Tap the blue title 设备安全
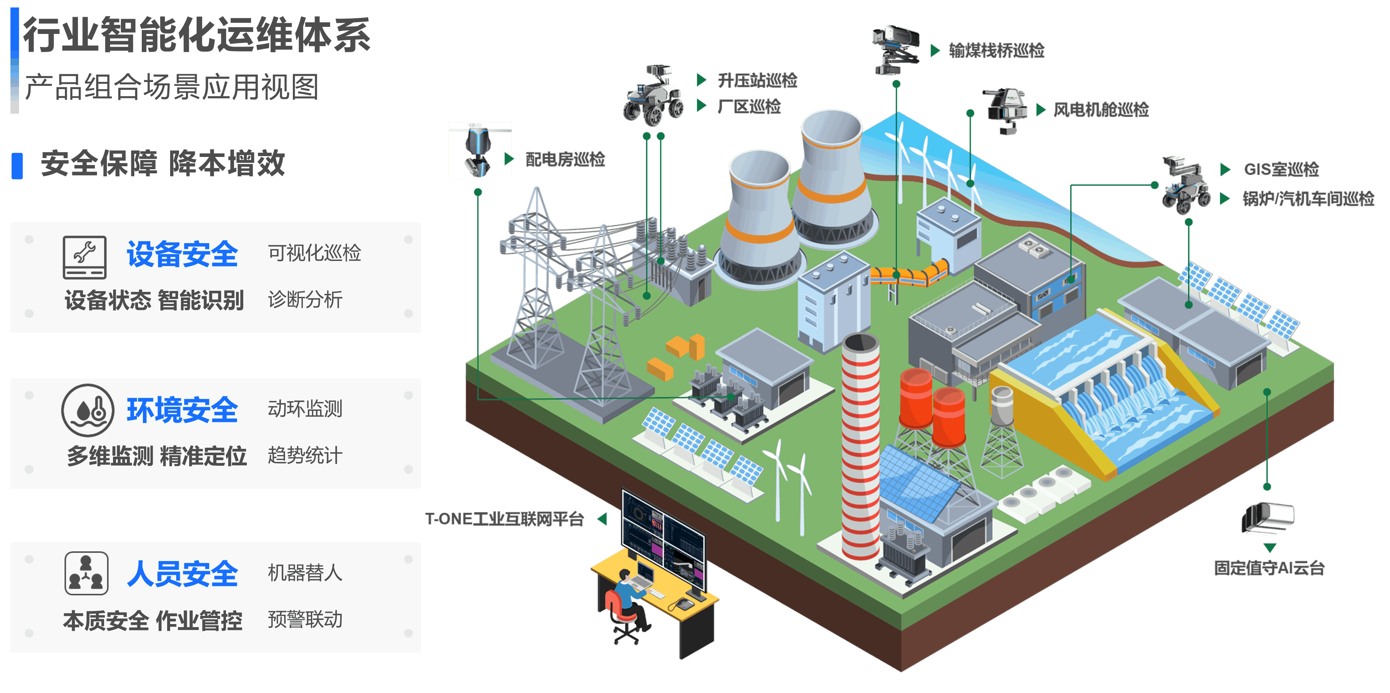click(x=182, y=254)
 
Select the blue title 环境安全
click(x=182, y=410)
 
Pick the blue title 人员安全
click(x=182, y=573)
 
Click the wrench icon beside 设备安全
click(x=85, y=257)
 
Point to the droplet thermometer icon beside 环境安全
click(x=87, y=410)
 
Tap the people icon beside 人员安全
click(x=86, y=573)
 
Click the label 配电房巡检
click(x=565, y=159)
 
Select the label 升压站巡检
click(x=757, y=81)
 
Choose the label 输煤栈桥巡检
click(x=996, y=51)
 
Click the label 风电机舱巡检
click(x=1101, y=110)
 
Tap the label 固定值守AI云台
click(x=1269, y=567)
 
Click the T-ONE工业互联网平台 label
click(x=504, y=519)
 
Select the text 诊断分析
click(x=305, y=299)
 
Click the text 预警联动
click(x=305, y=619)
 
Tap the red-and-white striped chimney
click(x=861, y=448)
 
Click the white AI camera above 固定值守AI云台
click(x=1268, y=519)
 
